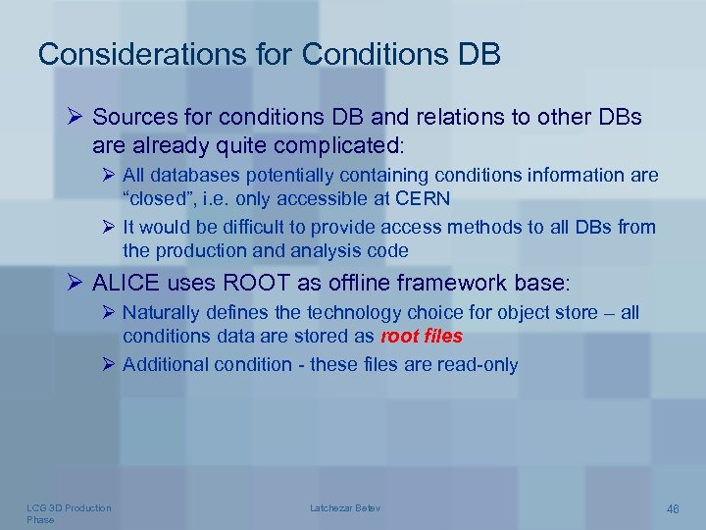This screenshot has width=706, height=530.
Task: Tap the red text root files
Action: coord(422,338)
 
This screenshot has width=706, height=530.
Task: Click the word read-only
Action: coord(476,364)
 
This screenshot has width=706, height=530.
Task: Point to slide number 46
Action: coord(673,508)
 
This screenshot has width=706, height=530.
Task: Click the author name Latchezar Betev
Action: coord(345,507)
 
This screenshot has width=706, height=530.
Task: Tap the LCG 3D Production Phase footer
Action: coord(69,513)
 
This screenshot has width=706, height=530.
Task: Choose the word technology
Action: coord(359,312)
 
